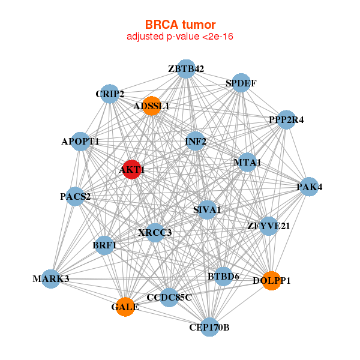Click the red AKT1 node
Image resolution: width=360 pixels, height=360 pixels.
(131, 169)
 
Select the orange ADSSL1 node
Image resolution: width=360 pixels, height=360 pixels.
(151, 106)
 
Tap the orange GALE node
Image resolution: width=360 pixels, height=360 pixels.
(125, 307)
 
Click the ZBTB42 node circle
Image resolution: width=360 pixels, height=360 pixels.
(186, 69)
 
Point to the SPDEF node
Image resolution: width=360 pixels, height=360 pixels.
(241, 83)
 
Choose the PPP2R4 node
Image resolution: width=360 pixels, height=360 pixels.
(286, 120)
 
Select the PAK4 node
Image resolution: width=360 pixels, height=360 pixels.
(309, 187)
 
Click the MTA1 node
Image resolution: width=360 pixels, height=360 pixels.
(247, 163)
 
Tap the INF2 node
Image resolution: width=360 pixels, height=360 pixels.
(196, 142)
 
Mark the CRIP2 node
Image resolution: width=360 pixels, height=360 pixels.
(110, 94)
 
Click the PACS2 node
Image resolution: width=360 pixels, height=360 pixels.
(75, 196)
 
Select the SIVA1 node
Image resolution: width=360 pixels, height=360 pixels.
(207, 209)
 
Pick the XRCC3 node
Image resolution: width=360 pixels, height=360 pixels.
(155, 232)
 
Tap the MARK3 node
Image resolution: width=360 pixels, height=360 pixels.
(52, 278)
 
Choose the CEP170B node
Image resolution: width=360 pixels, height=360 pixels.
(209, 327)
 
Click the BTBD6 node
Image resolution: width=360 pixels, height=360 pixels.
(223, 277)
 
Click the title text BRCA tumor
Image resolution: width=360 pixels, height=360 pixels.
(180, 25)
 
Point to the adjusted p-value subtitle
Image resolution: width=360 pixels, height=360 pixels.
(180, 37)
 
